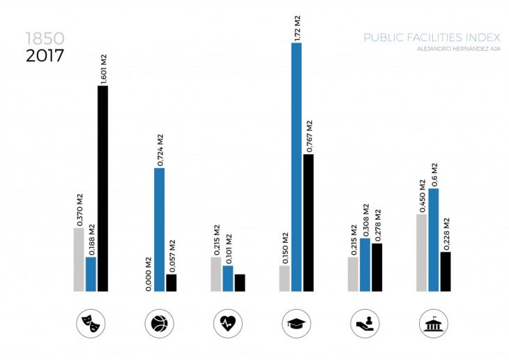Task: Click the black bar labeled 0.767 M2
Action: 308,223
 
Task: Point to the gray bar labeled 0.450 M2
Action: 422,253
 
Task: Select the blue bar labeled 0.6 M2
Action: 434,239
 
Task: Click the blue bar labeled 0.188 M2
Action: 91,274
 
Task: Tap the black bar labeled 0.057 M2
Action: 171,283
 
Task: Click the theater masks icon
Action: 91,323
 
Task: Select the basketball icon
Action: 159,323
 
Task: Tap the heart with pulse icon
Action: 228,323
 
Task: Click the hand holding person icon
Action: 365,323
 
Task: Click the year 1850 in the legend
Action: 43,38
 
